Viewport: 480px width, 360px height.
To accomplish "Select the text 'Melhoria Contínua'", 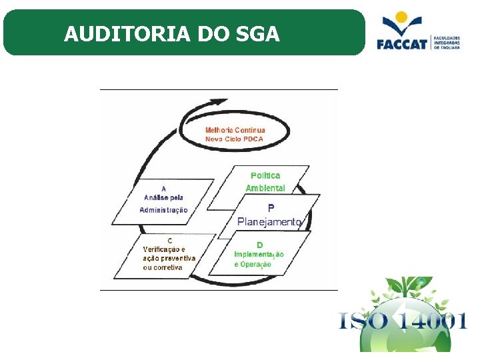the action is (235, 130).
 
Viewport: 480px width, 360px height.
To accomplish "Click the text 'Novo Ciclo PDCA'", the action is (234, 139).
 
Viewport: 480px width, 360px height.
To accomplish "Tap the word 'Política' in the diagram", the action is (265, 175).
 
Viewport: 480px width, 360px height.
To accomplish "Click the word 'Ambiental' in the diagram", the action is (265, 188).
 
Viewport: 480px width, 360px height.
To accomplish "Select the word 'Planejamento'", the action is (270, 221).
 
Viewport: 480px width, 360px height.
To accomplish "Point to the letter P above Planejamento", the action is (271, 208).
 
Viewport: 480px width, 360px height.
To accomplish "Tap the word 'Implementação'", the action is (259, 255).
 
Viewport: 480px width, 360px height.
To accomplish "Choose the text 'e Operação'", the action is (253, 265).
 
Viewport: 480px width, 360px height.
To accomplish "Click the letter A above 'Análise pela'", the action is (164, 188).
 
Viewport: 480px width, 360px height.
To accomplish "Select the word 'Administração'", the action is (164, 210).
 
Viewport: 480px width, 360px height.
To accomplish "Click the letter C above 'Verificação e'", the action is (169, 240).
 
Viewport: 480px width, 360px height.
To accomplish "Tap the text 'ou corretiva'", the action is (163, 267).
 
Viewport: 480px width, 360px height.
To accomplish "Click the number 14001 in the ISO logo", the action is (431, 321).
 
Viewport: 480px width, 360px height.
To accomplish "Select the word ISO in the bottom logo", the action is (364, 321).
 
